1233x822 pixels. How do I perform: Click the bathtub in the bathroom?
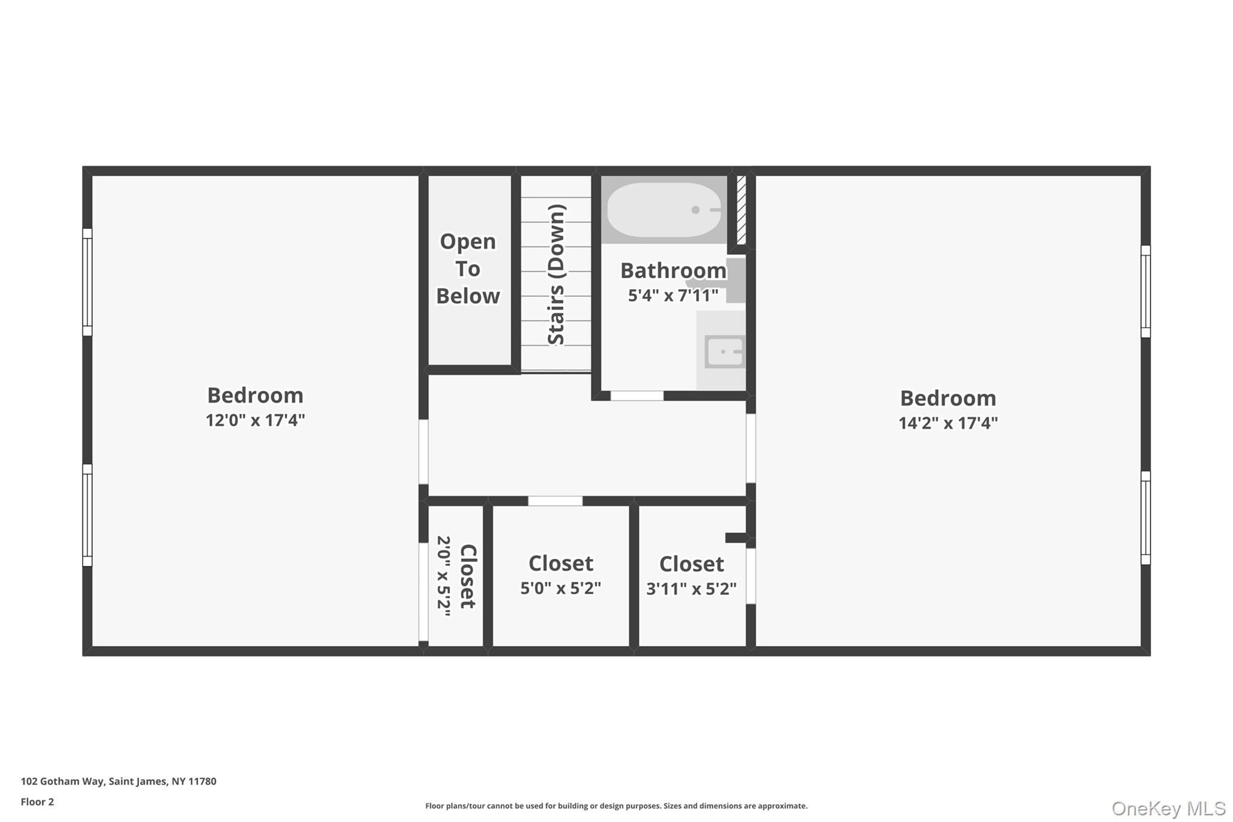click(x=664, y=210)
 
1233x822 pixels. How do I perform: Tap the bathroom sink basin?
click(x=725, y=351)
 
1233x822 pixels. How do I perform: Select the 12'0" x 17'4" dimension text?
click(x=255, y=420)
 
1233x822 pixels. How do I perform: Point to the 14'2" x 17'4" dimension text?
click(x=948, y=423)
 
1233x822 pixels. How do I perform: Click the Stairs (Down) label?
click(x=556, y=275)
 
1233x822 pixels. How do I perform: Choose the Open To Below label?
click(x=468, y=269)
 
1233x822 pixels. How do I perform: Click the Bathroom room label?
click(x=673, y=270)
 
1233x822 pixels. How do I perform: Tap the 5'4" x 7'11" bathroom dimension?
click(x=673, y=295)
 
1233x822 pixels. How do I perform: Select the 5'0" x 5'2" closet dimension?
click(x=561, y=588)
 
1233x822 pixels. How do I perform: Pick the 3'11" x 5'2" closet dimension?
click(x=691, y=588)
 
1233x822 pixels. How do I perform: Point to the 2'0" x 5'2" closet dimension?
click(x=444, y=576)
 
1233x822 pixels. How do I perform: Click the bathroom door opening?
click(x=637, y=396)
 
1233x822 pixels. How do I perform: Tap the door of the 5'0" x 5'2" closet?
click(x=555, y=501)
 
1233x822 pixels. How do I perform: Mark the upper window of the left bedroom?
click(x=87, y=282)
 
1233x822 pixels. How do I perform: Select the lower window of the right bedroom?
click(x=1146, y=518)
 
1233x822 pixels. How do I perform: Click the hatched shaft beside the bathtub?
click(x=742, y=210)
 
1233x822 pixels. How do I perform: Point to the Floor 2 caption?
click(x=37, y=802)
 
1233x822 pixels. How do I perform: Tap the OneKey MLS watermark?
click(x=1169, y=808)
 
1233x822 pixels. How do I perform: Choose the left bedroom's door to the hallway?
click(x=423, y=452)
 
